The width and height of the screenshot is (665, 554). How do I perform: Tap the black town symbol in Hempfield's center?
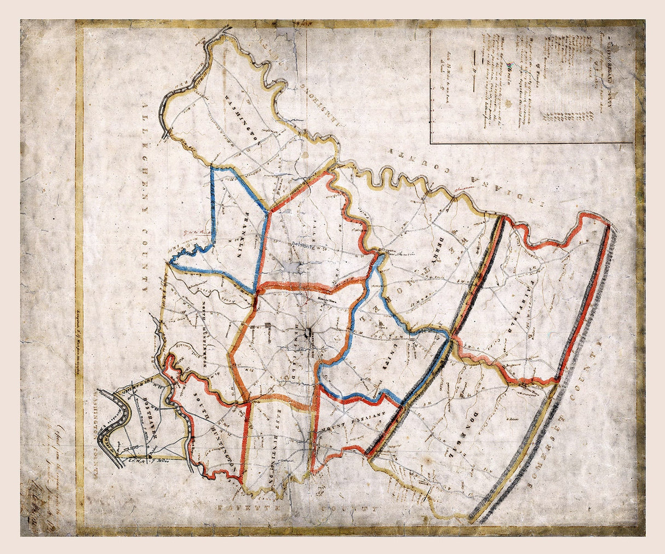pos(310,332)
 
